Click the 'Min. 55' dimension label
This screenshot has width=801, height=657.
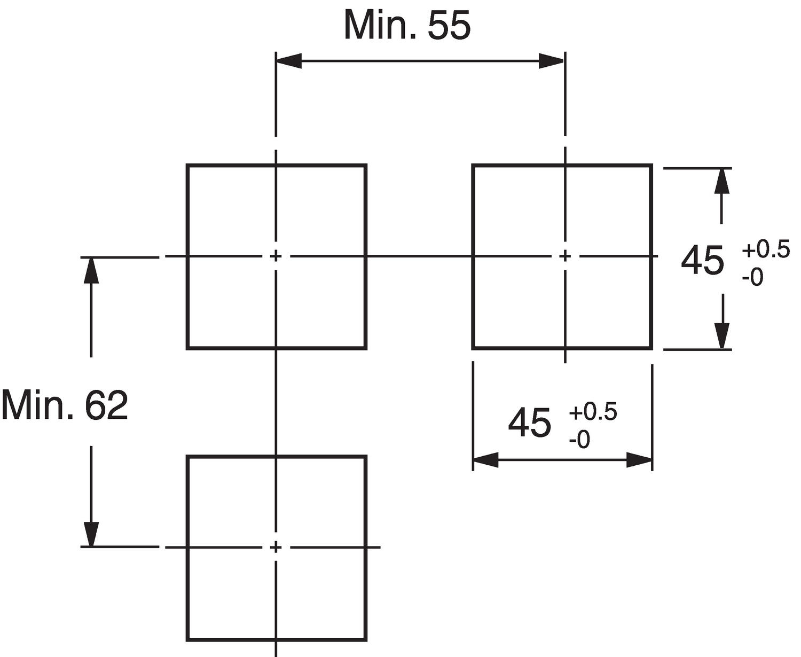(407, 25)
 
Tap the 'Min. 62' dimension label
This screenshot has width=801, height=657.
(65, 405)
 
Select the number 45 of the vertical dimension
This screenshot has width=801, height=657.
(703, 261)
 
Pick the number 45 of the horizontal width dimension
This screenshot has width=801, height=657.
(529, 423)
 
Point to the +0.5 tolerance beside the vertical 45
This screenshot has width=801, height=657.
(765, 250)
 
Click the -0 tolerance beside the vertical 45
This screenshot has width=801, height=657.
(752, 277)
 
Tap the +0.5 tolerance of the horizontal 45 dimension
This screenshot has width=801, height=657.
(593, 412)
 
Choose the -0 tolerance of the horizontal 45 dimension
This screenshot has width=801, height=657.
(579, 440)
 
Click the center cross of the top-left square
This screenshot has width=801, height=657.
(276, 256)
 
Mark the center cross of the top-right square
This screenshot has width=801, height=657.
(565, 256)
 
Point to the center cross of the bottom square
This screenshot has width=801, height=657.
(276, 547)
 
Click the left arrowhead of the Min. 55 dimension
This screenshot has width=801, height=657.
(288, 61)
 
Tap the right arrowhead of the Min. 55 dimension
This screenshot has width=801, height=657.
(552, 61)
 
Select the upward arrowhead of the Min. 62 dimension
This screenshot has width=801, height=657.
(91, 270)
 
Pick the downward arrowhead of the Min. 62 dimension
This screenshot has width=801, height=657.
(91, 534)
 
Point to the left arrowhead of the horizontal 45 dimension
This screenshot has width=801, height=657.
(485, 459)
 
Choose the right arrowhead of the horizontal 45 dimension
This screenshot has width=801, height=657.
(639, 459)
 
